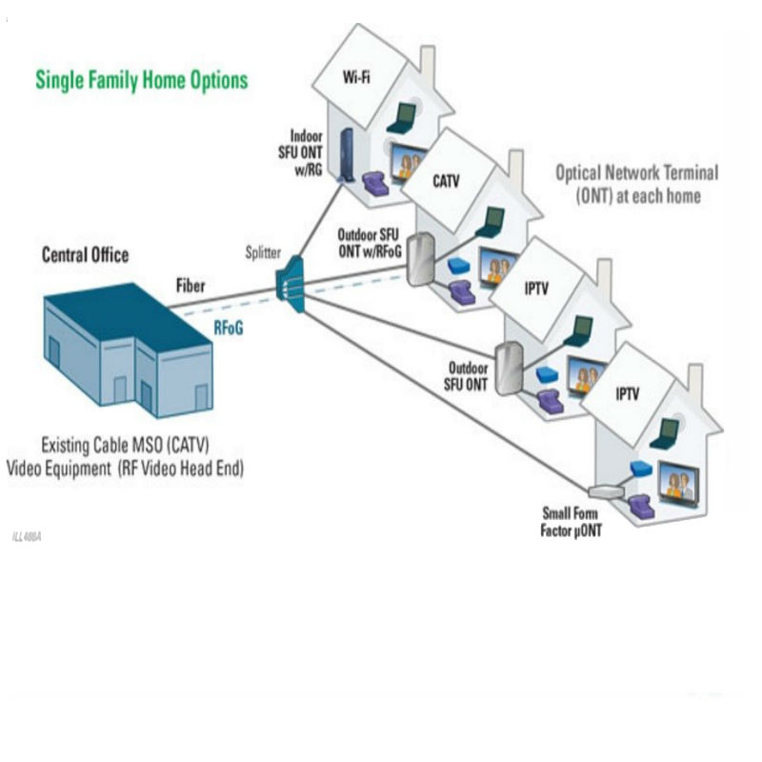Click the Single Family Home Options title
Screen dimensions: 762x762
point(141,80)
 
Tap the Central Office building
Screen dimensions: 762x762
point(129,350)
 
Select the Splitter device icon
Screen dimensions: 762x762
point(291,284)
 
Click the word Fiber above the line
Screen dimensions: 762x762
point(190,286)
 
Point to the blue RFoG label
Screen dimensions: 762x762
point(229,328)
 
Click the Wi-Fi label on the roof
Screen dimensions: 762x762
point(356,77)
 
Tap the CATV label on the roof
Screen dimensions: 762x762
point(446,181)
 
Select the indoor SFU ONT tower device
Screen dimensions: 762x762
point(347,154)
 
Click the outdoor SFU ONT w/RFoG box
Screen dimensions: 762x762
point(420,259)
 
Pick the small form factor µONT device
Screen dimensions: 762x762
point(606,491)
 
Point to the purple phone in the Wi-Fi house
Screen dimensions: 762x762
point(375,183)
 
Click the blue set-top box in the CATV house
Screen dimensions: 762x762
point(458,266)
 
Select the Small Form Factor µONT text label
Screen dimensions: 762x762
point(571,522)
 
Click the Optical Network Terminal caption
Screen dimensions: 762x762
point(637,184)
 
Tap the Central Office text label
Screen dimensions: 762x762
point(85,255)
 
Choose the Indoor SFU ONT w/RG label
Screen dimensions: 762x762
point(300,152)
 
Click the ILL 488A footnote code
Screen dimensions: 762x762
point(27,536)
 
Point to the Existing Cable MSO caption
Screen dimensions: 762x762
point(125,457)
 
